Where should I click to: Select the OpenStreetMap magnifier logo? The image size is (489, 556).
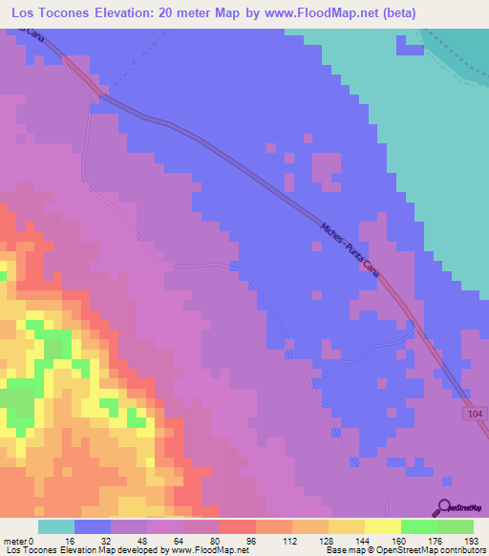click(445, 507)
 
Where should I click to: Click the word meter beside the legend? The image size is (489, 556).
click(14, 542)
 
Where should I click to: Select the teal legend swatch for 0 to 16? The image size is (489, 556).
click(56, 526)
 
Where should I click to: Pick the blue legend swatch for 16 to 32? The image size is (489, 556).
click(93, 526)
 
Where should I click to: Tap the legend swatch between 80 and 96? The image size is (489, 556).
click(238, 526)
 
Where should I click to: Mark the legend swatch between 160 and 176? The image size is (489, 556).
click(419, 526)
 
